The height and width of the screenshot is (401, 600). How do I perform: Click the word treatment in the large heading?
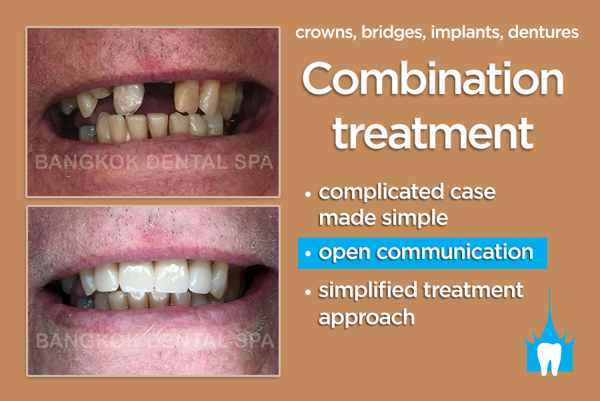tap(433, 133)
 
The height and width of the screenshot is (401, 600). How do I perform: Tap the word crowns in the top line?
tap(327, 33)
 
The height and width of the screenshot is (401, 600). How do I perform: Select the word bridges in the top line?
tap(394, 33)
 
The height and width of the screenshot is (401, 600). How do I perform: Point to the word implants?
tap(467, 33)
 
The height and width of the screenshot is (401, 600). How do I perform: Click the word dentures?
tap(543, 33)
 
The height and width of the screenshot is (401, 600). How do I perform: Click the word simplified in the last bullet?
tap(368, 291)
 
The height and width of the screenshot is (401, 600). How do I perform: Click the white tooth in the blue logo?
tap(549, 358)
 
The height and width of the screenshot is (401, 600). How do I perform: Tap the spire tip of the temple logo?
tap(549, 288)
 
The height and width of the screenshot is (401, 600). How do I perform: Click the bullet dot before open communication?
tap(308, 254)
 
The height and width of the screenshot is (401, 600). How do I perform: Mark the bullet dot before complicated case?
tap(308, 193)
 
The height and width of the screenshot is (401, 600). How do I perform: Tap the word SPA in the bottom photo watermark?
tap(255, 341)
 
